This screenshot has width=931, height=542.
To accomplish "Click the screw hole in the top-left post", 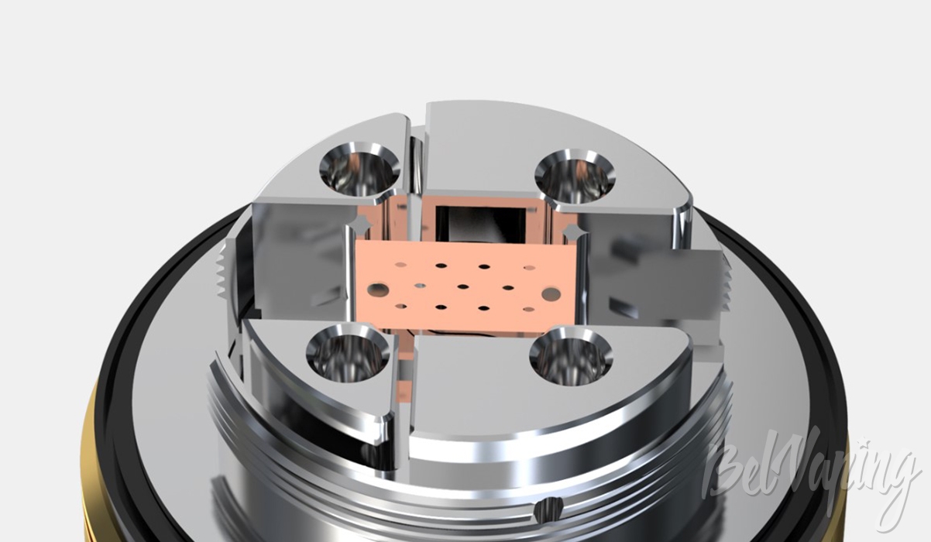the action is [x=359, y=170].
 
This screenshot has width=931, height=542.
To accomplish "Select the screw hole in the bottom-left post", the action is [x=349, y=353].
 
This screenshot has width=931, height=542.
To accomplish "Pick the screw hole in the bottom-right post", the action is [x=571, y=356].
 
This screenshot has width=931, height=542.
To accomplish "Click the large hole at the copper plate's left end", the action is [x=377, y=289].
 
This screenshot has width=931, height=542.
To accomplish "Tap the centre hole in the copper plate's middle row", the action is [x=462, y=286].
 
